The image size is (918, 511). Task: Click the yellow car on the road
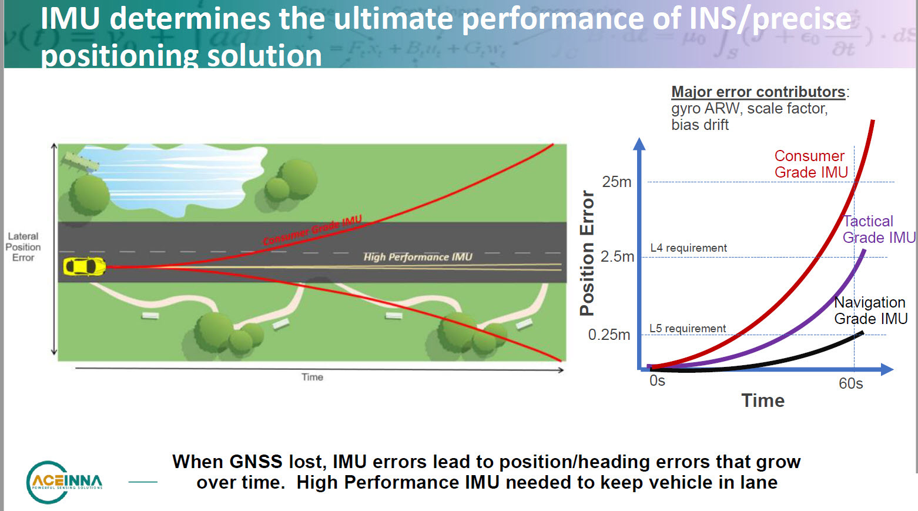(84, 266)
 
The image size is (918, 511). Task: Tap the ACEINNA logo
(65, 482)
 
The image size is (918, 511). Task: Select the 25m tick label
(617, 182)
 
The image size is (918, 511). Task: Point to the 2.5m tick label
(617, 256)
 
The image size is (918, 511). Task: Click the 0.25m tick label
(609, 335)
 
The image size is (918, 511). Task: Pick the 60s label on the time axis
(850, 383)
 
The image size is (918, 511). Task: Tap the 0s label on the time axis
(657, 381)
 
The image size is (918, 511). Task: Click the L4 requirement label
(688, 248)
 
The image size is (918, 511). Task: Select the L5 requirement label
(687, 328)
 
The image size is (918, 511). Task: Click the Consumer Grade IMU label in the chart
(810, 164)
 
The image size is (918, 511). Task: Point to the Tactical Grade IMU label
(878, 229)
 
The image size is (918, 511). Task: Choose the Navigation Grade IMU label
(870, 310)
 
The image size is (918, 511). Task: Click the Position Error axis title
(587, 253)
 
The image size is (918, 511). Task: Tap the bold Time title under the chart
(763, 400)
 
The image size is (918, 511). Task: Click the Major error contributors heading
(758, 92)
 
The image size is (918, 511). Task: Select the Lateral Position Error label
(24, 247)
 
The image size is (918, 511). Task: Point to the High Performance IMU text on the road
(417, 257)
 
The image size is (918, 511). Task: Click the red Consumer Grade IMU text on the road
(312, 231)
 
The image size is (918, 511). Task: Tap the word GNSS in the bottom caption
(256, 462)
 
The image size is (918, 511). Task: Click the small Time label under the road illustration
(312, 377)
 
